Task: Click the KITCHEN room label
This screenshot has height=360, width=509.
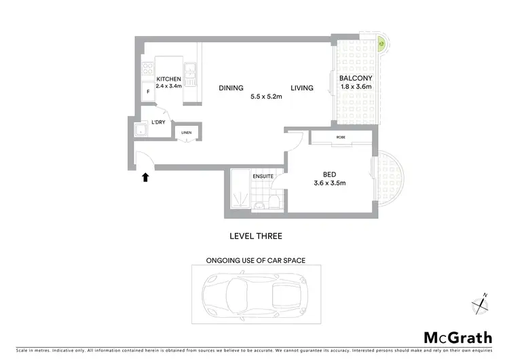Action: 168,79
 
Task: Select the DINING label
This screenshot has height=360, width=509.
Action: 231,88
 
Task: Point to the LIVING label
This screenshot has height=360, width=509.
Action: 302,88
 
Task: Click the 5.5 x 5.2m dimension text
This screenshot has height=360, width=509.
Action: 267,97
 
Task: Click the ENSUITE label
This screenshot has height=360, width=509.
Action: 263,177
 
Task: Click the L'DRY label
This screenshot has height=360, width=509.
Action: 158,122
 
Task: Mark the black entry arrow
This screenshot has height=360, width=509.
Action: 144,177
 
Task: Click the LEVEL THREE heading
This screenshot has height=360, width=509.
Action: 255,236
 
